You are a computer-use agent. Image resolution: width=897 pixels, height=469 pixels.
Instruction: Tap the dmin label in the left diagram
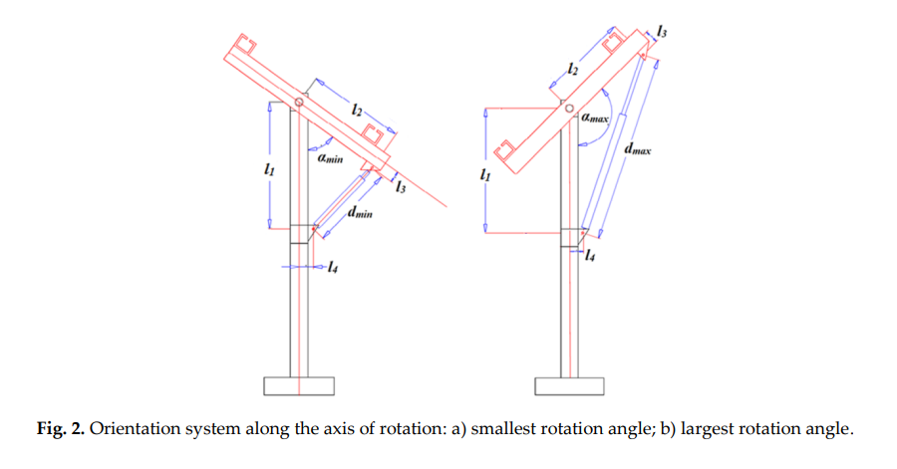[361, 214]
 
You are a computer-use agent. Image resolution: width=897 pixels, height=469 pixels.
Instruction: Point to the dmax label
[637, 150]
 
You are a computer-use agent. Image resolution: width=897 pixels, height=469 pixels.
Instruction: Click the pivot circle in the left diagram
[300, 102]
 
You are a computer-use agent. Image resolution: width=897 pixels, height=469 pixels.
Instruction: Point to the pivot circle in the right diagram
[570, 107]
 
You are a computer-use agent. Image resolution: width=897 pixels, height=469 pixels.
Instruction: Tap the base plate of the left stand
[299, 385]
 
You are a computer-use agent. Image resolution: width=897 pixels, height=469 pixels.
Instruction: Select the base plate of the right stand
[569, 385]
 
